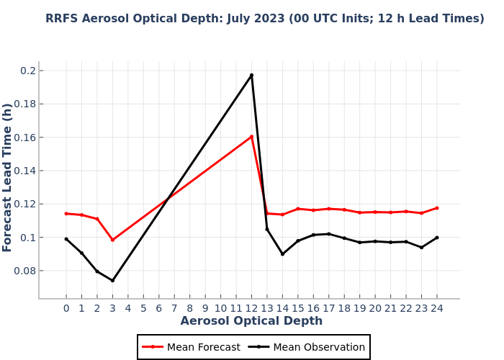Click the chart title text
tap(265, 19)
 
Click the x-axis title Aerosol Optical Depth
tap(251, 321)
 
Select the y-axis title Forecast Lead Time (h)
tap(8, 177)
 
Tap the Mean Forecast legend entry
tap(192, 347)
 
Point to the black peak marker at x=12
tap(251, 75)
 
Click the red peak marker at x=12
tap(251, 137)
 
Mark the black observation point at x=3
tap(112, 280)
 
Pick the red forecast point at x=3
tap(112, 240)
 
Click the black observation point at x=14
tap(282, 253)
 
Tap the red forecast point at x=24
tap(436, 208)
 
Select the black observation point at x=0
tap(66, 239)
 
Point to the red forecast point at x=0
tap(66, 213)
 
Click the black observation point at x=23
tap(421, 247)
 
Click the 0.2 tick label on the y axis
tap(28, 71)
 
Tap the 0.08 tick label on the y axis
tap(25, 271)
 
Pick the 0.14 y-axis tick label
tap(25, 171)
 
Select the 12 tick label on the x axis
tap(251, 308)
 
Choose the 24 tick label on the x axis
tap(436, 308)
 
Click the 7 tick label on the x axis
tap(174, 308)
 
